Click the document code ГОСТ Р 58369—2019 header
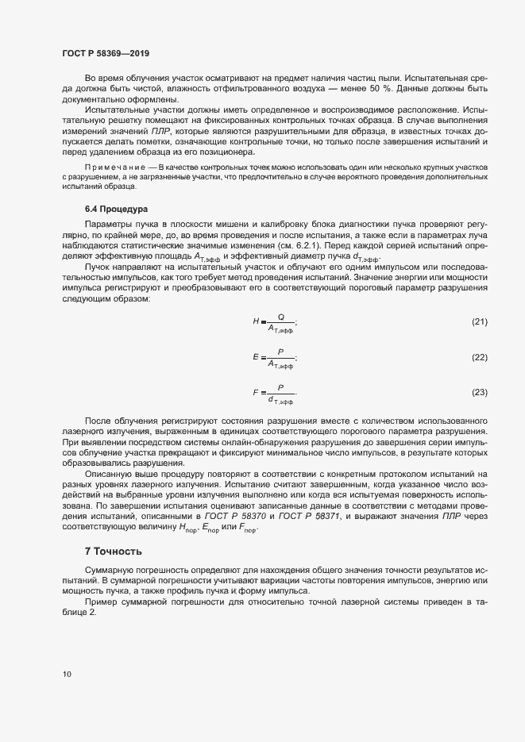pos(106,53)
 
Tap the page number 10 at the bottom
pos(67,674)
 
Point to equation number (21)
pos(479,321)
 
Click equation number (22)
pos(479,357)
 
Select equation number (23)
pos(479,392)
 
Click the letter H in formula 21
pos(256,321)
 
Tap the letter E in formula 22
pos(256,357)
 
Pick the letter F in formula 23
pos(256,392)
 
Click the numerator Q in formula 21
pos(280,316)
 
